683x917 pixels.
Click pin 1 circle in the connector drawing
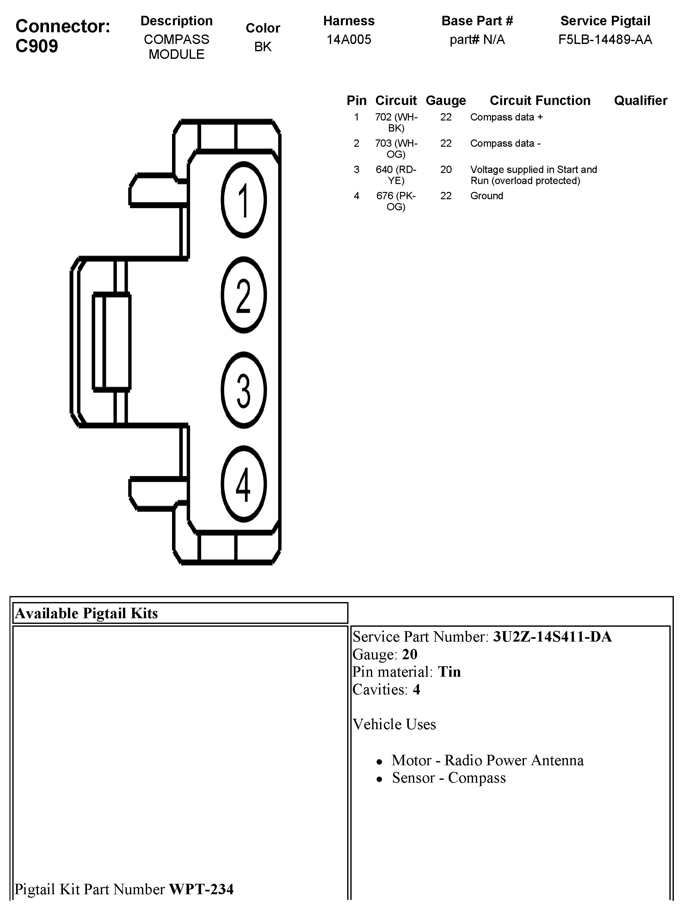(x=243, y=200)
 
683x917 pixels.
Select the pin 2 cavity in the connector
(x=243, y=295)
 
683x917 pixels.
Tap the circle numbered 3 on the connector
(x=243, y=390)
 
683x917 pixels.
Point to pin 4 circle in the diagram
(x=243, y=484)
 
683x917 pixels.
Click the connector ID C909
(x=37, y=46)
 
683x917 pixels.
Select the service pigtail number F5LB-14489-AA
(x=605, y=40)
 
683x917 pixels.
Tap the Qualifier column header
(x=640, y=101)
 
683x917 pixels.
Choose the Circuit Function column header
(x=540, y=101)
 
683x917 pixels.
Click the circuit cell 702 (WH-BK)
(x=396, y=122)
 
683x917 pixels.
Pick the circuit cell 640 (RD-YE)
(x=396, y=175)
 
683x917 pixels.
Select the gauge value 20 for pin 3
(x=446, y=169)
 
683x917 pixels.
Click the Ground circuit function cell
(x=487, y=196)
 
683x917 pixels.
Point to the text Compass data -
(x=505, y=144)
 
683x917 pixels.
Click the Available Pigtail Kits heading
(x=86, y=613)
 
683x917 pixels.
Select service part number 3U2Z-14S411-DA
(x=552, y=637)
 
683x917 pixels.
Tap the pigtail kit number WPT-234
(x=201, y=889)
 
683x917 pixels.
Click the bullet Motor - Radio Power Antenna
(x=488, y=760)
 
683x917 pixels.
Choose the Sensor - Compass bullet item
(x=449, y=778)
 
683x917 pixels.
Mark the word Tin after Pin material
(x=449, y=672)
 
